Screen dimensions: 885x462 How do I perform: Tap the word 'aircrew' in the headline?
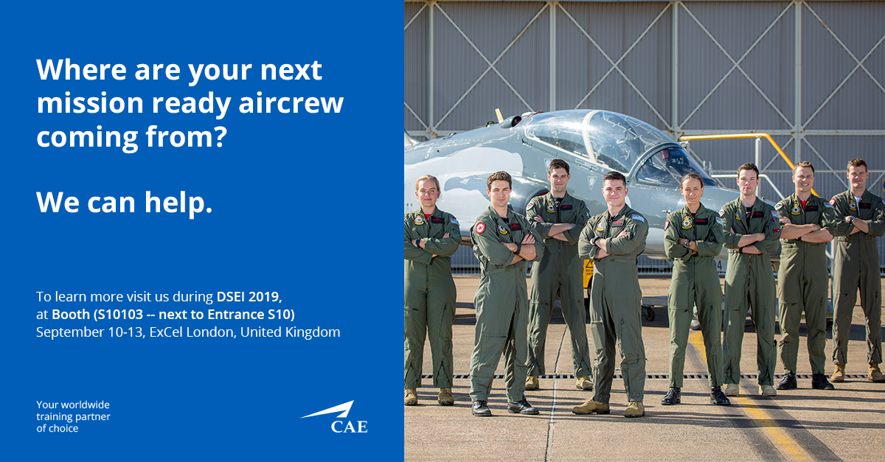click(x=291, y=102)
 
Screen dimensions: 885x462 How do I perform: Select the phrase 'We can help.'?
click(x=125, y=203)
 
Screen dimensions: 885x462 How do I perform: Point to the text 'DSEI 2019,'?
click(x=249, y=296)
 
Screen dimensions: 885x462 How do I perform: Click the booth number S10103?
click(x=120, y=315)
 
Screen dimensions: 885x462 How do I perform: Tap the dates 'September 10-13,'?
click(x=91, y=332)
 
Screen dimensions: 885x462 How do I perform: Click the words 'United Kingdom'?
click(x=291, y=332)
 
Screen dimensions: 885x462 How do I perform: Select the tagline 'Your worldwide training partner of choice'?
click(x=73, y=416)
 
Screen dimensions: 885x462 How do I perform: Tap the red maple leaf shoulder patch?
click(x=480, y=228)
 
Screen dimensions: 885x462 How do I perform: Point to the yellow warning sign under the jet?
click(x=589, y=268)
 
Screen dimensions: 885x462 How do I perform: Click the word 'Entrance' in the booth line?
click(x=235, y=315)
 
